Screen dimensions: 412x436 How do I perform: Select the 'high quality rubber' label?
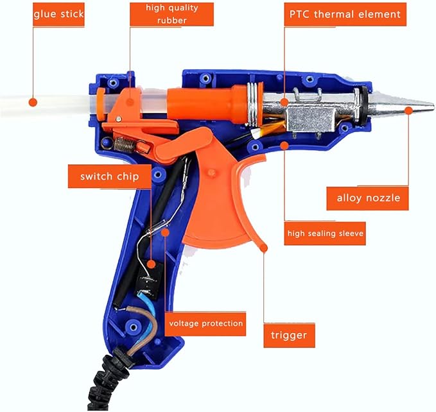(171, 13)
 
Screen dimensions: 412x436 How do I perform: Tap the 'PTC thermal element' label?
(345, 13)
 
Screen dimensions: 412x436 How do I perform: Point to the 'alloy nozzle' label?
(368, 198)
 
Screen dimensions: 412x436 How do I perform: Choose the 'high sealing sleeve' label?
(325, 234)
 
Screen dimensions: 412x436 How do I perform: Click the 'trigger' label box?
(289, 334)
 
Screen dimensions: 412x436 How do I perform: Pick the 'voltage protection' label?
(205, 323)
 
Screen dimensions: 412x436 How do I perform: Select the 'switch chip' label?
(109, 176)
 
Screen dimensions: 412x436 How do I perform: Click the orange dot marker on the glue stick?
(33, 101)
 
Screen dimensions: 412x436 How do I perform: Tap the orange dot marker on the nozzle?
(409, 110)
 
